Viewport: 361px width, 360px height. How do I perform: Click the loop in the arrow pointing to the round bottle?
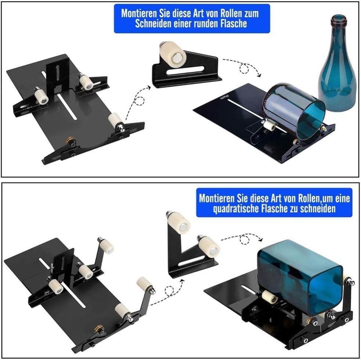tap(244, 68)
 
